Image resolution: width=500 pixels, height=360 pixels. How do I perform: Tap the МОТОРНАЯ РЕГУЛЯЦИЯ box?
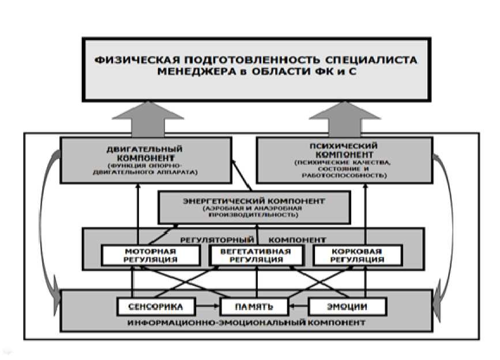151,256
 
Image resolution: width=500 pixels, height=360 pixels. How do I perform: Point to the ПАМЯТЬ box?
254,305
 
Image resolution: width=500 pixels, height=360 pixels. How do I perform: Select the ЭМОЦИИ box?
347,305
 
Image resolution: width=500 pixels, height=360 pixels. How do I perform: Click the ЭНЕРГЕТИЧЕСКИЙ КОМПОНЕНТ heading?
254,201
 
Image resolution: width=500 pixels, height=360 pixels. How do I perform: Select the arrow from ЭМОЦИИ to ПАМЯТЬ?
299,305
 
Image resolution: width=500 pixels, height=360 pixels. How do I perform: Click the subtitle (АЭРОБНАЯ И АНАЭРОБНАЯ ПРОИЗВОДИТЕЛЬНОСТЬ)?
254,212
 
